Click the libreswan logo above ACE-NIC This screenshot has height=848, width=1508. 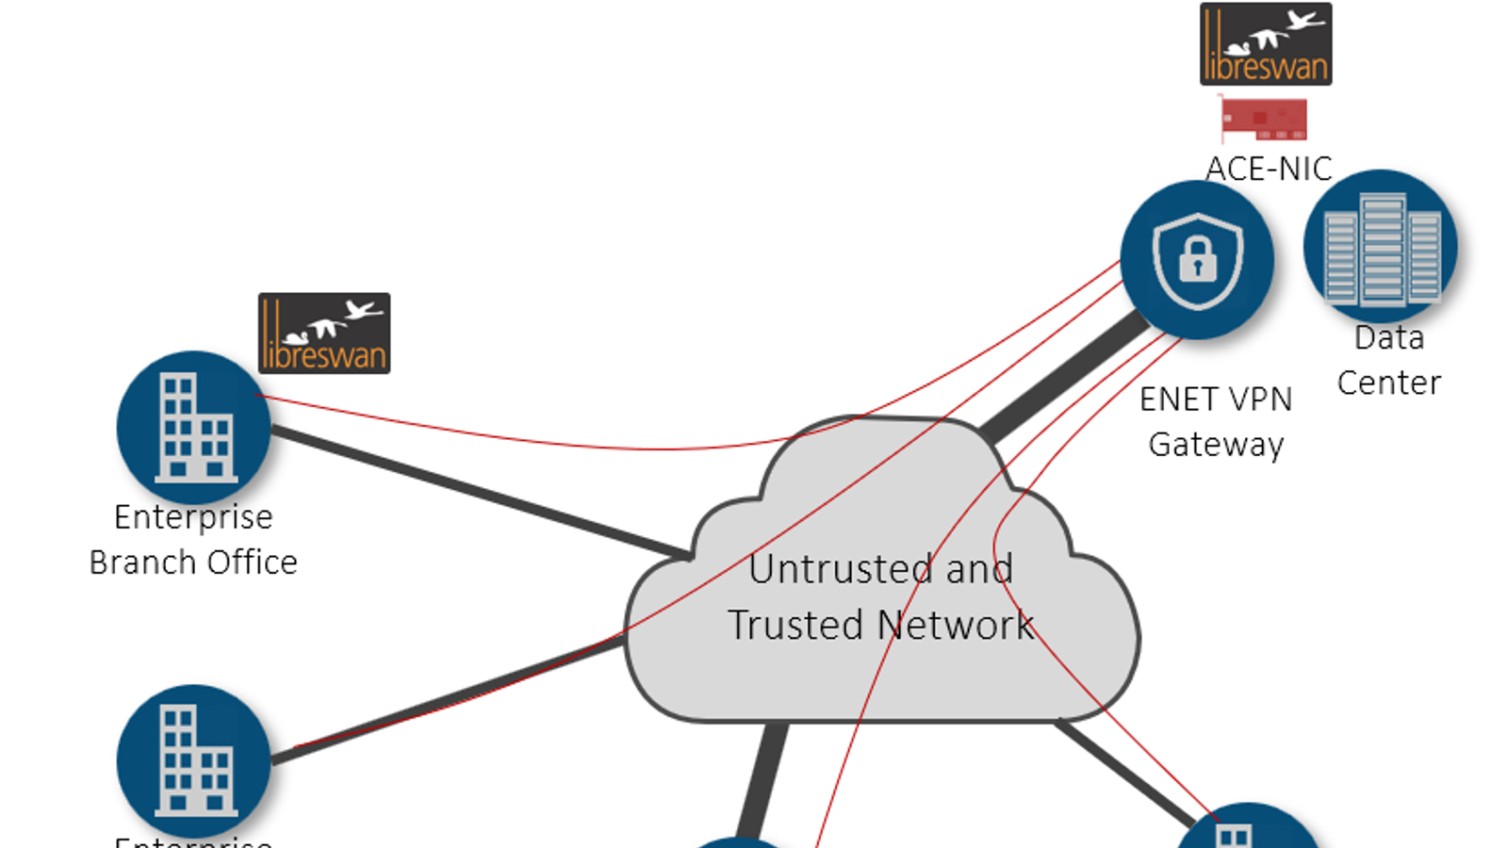1265,44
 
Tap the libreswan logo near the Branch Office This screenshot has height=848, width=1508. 324,334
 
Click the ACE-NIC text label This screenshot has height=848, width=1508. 1269,169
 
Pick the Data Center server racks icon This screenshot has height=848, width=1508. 1381,247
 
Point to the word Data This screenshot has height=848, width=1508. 1389,337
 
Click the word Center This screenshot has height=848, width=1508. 1389,383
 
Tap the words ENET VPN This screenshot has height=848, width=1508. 1216,400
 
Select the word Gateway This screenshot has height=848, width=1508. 1216,444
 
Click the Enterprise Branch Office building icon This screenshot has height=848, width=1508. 194,428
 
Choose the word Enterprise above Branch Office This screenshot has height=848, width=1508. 193,517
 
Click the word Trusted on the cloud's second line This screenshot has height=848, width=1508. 795,625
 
